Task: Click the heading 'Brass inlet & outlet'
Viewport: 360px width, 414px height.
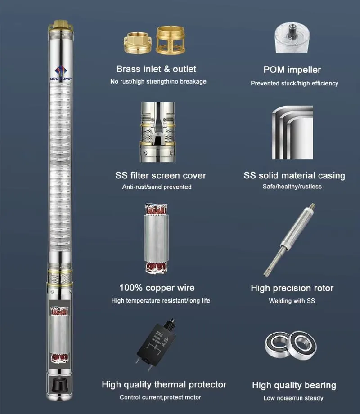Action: tap(156, 69)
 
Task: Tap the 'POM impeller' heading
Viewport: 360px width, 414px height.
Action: tap(292, 70)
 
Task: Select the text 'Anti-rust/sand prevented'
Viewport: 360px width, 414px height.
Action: tap(157, 187)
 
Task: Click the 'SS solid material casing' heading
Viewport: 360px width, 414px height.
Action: tap(294, 175)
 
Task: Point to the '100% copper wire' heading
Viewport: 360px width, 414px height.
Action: tap(157, 288)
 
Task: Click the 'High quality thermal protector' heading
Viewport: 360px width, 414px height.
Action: tap(164, 384)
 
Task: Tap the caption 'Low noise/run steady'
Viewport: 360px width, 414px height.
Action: tap(293, 398)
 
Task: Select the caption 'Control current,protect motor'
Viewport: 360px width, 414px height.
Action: tap(160, 397)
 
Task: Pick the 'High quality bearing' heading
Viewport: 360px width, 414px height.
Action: tap(294, 385)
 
